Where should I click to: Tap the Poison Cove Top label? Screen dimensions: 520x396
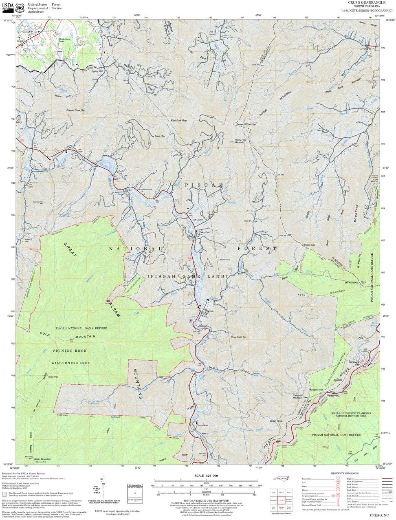coord(76,110)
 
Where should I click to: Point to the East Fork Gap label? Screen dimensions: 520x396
coord(178,120)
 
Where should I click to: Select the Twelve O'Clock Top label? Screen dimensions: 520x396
coord(246,124)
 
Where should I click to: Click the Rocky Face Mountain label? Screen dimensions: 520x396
coord(240,141)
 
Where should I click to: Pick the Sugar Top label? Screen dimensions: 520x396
coord(159,136)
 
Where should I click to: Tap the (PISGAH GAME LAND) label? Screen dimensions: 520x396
coord(187,276)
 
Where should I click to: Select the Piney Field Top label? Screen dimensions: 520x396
coord(239,337)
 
